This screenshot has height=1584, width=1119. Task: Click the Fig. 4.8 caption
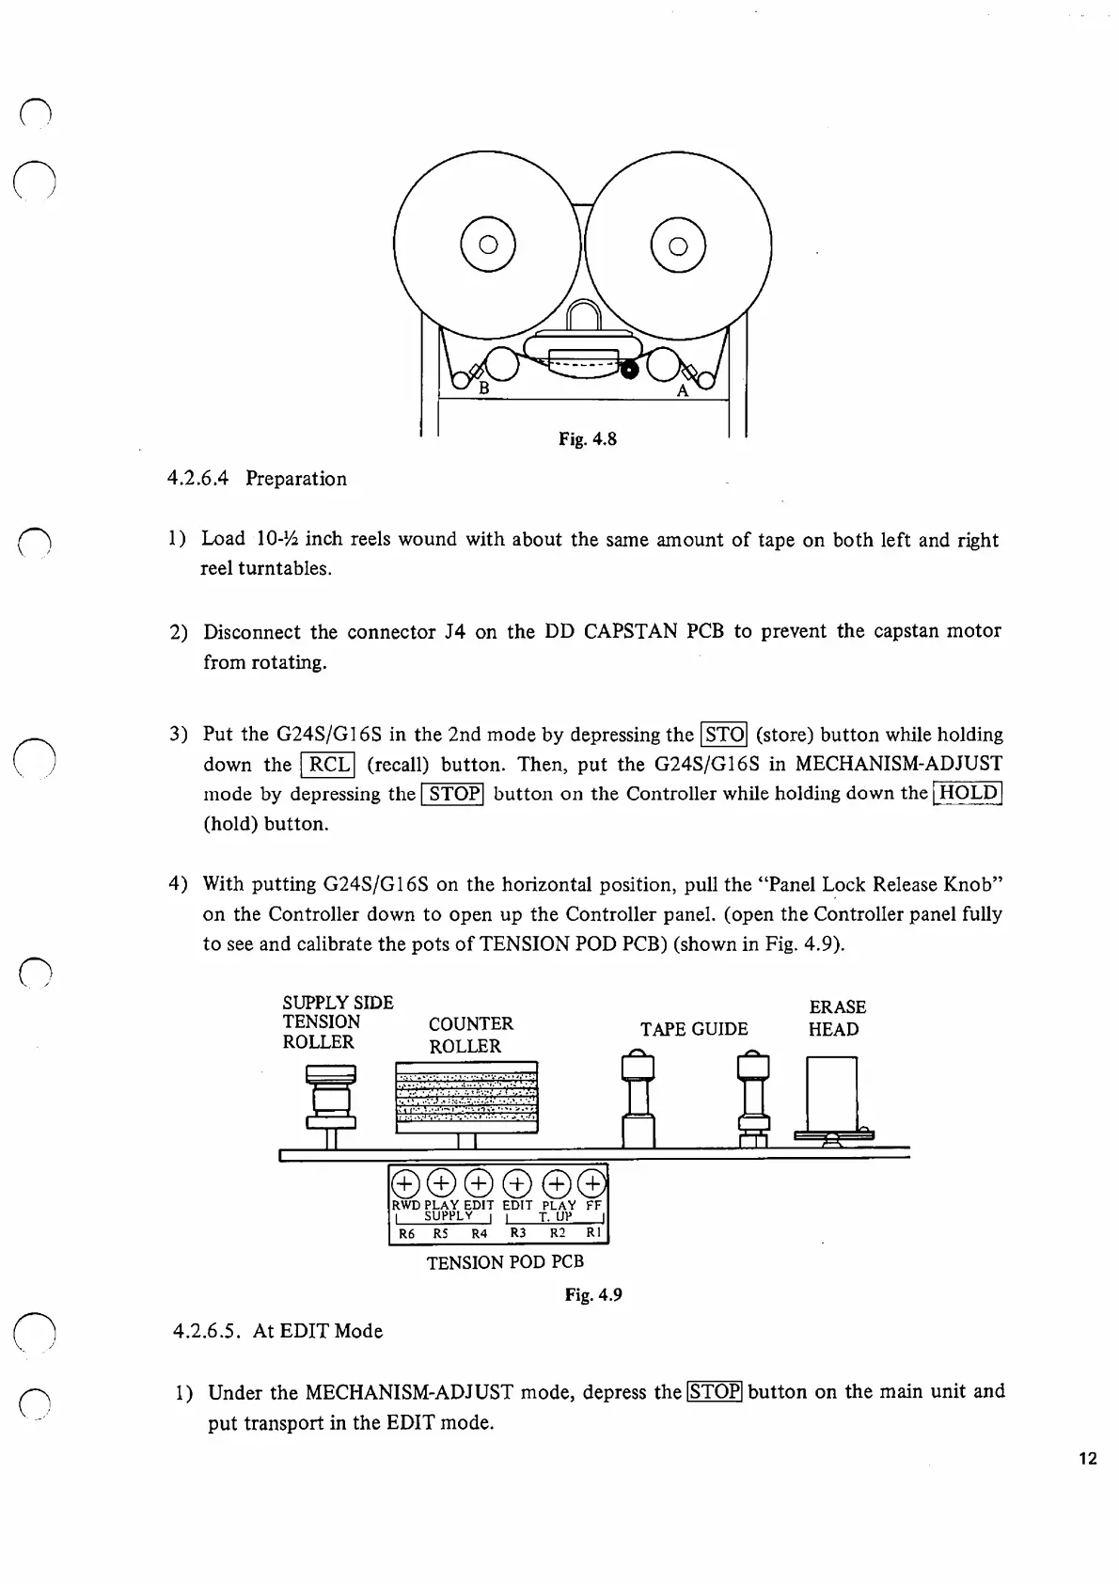(x=587, y=438)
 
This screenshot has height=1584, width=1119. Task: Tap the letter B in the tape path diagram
(x=484, y=388)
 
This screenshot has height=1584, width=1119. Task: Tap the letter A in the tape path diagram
(x=683, y=390)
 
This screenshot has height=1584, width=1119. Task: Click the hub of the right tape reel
(x=678, y=246)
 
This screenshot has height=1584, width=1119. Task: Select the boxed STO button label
(x=724, y=735)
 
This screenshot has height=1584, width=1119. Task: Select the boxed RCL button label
(x=327, y=765)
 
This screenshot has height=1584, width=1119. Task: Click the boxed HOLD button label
(x=968, y=793)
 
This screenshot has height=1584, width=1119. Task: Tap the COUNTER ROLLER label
(x=470, y=1035)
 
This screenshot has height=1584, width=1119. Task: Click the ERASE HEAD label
(x=836, y=1018)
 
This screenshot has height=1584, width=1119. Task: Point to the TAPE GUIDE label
(x=694, y=1029)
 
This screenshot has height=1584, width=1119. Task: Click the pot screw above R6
(x=404, y=1182)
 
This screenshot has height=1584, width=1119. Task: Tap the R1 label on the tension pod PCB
(x=593, y=1233)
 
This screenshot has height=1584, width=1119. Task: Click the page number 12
(x=1088, y=1460)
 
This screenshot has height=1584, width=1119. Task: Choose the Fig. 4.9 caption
(x=593, y=1295)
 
